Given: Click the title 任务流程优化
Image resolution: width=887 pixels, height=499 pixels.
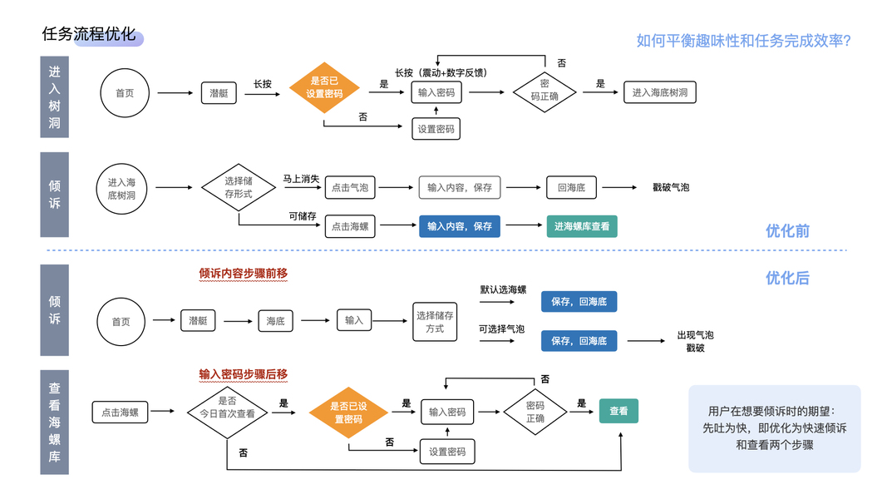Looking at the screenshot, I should pyautogui.click(x=88, y=34).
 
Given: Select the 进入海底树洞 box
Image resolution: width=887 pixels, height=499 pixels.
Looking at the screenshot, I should pyautogui.click(x=659, y=92).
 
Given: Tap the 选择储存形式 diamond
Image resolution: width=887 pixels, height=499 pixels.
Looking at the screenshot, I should pyautogui.click(x=239, y=187).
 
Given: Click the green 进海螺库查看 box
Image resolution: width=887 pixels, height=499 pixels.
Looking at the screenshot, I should pyautogui.click(x=582, y=226).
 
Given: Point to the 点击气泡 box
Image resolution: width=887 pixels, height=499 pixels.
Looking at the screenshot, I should pyautogui.click(x=349, y=187).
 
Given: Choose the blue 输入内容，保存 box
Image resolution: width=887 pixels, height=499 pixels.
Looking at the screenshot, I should pyautogui.click(x=460, y=226).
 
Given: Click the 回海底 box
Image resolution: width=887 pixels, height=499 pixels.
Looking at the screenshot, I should pyautogui.click(x=571, y=187).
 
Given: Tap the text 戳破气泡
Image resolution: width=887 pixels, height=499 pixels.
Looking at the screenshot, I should pyautogui.click(x=671, y=188).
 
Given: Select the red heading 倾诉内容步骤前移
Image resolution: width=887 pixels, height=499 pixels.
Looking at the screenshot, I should pyautogui.click(x=243, y=273).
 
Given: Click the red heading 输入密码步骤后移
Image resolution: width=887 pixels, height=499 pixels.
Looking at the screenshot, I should pyautogui.click(x=243, y=374).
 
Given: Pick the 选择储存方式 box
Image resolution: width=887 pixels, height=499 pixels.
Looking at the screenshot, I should pyautogui.click(x=436, y=322).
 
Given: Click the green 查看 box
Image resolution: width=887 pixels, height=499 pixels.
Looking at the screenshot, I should pyautogui.click(x=618, y=411).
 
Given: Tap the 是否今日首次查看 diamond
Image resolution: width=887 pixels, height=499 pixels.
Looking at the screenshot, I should pyautogui.click(x=227, y=407).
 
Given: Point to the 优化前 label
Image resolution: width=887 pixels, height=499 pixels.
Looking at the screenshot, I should pyautogui.click(x=787, y=230).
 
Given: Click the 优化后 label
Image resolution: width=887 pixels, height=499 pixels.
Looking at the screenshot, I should pyautogui.click(x=787, y=278).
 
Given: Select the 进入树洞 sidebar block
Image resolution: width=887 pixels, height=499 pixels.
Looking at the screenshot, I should pyautogui.click(x=55, y=96).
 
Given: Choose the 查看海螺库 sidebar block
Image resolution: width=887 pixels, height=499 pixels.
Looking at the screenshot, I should pyautogui.click(x=55, y=422).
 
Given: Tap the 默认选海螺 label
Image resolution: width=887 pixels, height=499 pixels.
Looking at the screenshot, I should pyautogui.click(x=503, y=289).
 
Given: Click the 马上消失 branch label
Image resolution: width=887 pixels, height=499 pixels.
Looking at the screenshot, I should pyautogui.click(x=301, y=177).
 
